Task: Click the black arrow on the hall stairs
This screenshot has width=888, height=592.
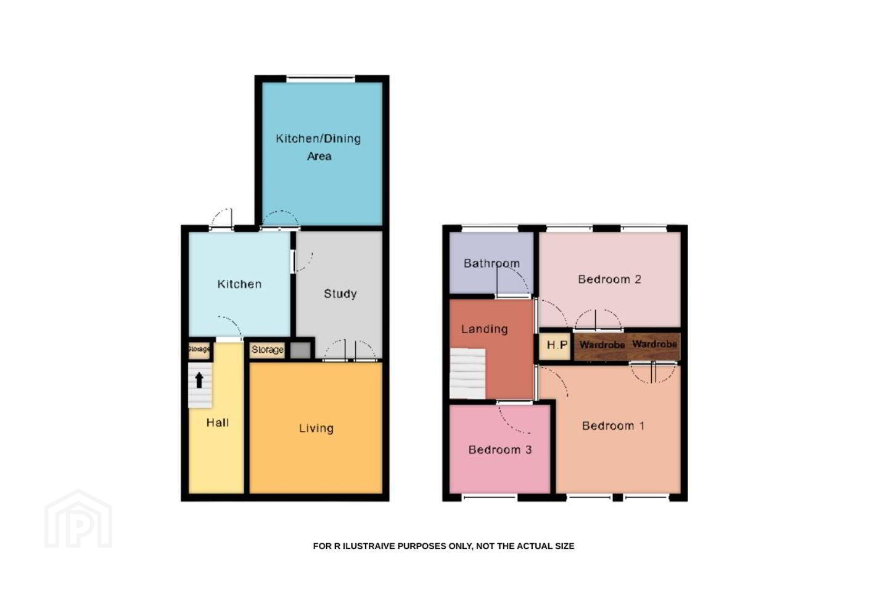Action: coord(199,380)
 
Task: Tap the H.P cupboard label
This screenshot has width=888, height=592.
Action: coord(557,345)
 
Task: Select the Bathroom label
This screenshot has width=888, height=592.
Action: coord(491,263)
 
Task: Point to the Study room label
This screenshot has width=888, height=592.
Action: coord(340,294)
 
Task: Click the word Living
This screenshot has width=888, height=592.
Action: coord(316,428)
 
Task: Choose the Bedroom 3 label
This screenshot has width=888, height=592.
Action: coord(500,450)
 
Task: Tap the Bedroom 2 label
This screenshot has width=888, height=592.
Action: coord(609,279)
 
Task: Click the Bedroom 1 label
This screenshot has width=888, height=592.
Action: coord(613,426)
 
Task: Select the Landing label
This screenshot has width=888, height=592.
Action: coord(485,329)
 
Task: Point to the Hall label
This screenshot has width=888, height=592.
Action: coord(218,422)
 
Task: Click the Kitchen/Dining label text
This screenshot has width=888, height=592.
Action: coord(318,138)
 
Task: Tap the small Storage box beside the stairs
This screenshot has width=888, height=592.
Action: coord(199,350)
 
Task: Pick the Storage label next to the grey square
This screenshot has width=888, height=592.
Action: coord(268,350)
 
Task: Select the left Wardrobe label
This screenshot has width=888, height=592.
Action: coord(602,345)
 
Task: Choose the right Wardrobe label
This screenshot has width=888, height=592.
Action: coord(654,343)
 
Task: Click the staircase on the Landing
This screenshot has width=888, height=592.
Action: coord(467,374)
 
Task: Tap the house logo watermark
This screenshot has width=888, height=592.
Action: coord(78,519)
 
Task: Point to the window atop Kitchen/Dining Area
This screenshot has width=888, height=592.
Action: coord(321,78)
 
